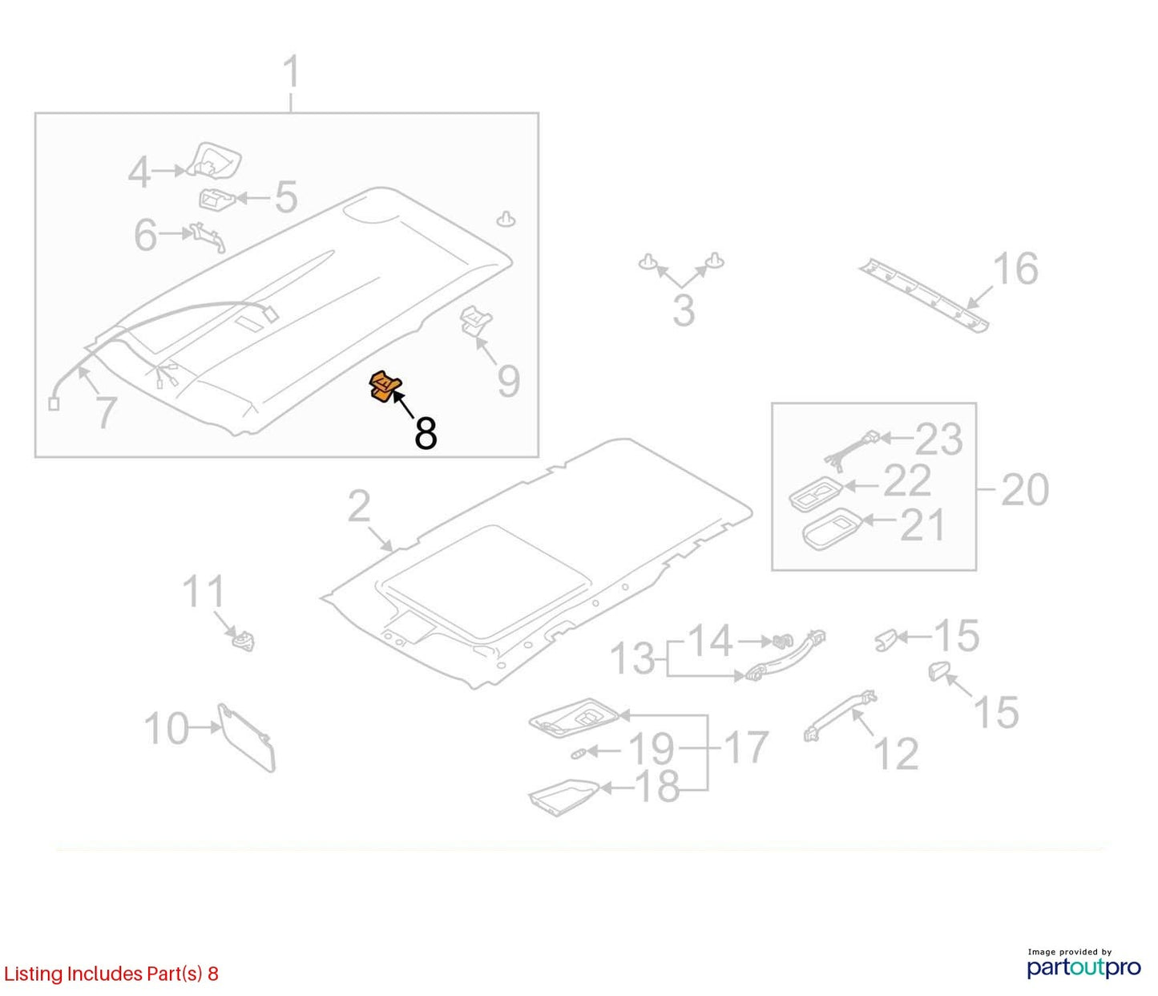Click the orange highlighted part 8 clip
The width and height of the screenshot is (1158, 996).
pos(385,387)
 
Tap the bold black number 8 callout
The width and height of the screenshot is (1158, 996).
pos(426,433)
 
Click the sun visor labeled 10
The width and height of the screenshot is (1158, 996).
pos(247,736)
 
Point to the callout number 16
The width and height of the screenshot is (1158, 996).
pos(1015,269)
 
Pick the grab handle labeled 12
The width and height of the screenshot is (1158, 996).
pos(840,715)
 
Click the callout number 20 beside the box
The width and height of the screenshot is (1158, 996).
pos(1025,489)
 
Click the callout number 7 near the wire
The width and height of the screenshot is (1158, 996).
pos(107,412)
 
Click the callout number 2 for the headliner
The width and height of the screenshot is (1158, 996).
pos(359,506)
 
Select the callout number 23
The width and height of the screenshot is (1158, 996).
pos(939,439)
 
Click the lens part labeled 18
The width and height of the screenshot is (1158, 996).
pos(563,796)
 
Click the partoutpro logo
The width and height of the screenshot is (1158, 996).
pos(1083,967)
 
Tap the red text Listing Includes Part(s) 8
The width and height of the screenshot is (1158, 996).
pos(111,974)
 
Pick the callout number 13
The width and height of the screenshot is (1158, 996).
pos(632,658)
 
